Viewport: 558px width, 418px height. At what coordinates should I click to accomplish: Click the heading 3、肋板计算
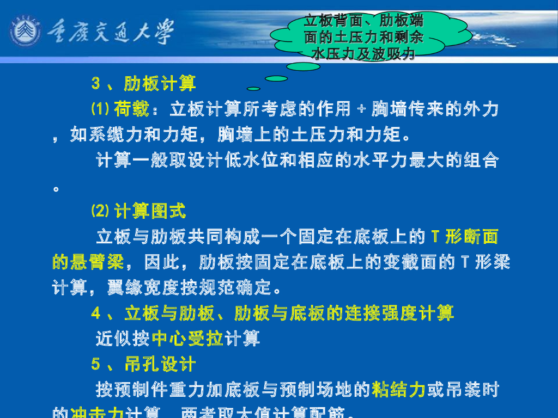click(x=144, y=84)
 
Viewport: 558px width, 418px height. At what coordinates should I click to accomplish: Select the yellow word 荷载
click(x=131, y=109)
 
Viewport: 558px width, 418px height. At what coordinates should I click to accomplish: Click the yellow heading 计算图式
click(x=150, y=211)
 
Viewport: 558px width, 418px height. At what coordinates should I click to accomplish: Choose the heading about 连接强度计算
click(x=272, y=313)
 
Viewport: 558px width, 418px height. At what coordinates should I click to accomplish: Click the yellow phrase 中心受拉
click(x=187, y=339)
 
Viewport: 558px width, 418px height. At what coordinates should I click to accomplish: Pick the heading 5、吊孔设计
click(x=144, y=364)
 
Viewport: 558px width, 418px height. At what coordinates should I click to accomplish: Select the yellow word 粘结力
click(x=398, y=389)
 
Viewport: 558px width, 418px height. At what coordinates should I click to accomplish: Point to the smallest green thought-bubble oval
click(x=253, y=88)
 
